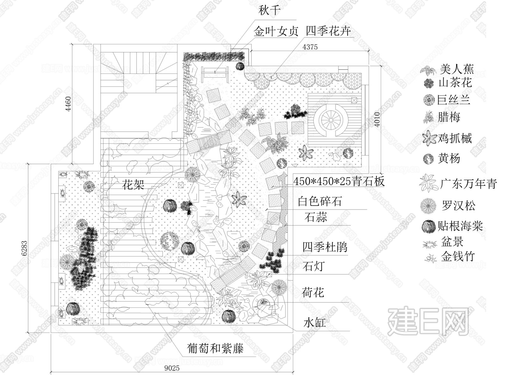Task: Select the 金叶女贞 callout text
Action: point(276,32)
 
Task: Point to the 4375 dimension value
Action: point(310,47)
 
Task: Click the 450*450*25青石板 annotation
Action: point(339,181)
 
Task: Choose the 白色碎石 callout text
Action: point(320,201)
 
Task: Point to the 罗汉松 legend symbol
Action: point(428,206)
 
